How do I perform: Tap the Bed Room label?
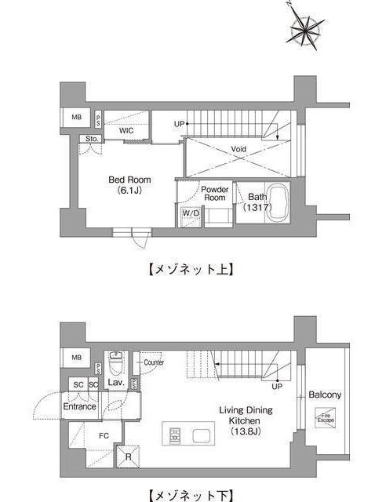pyautogui.click(x=129, y=180)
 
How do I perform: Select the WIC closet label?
pyautogui.click(x=126, y=131)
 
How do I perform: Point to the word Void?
pyautogui.click(x=239, y=148)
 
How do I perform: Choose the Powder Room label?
pyautogui.click(x=214, y=194)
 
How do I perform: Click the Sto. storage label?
pyautogui.click(x=92, y=140)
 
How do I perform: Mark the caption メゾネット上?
pyautogui.click(x=187, y=268)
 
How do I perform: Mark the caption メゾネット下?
pyautogui.click(x=187, y=494)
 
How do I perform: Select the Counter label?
pyautogui.click(x=154, y=362)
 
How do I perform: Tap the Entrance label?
pyautogui.click(x=80, y=406)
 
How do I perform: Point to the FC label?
pyautogui.click(x=103, y=435)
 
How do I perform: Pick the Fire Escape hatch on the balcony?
pyautogui.click(x=325, y=420)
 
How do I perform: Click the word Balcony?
pyautogui.click(x=325, y=395)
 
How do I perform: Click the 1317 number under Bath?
pyautogui.click(x=256, y=208)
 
